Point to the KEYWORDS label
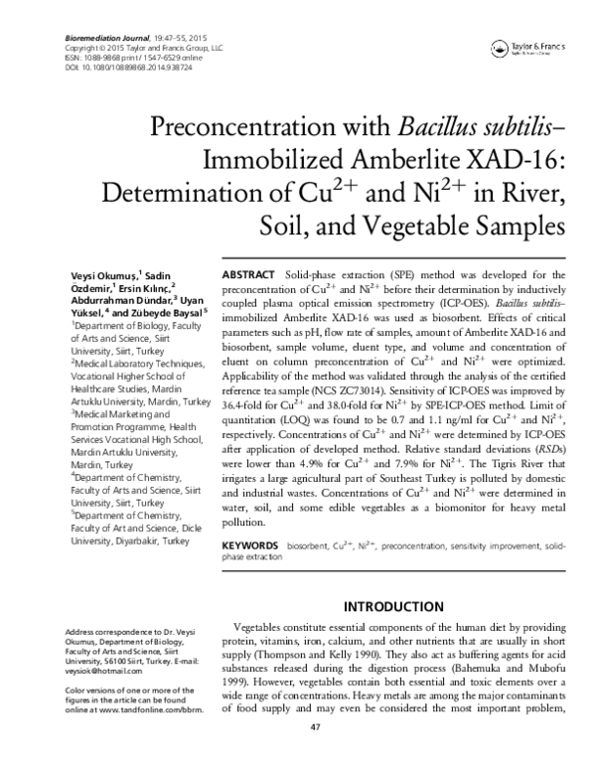click(248, 546)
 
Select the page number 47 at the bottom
click(316, 756)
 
